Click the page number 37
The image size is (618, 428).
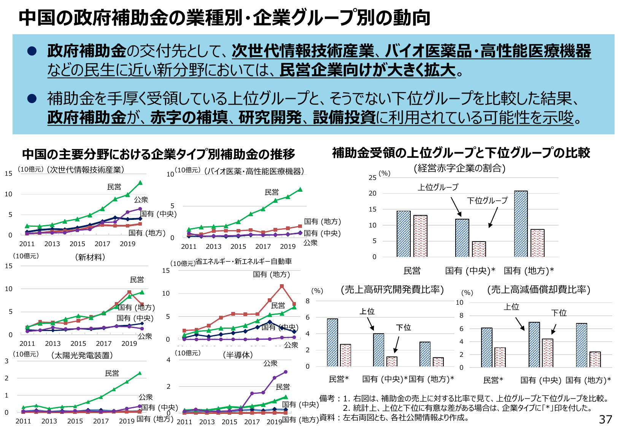605,419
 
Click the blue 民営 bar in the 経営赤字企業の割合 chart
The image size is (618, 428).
404,234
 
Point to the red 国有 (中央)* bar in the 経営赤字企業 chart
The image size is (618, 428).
479,249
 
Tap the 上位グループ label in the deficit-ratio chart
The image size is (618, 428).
438,187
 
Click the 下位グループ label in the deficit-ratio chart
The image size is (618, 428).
487,200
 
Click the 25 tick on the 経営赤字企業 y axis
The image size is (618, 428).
373,178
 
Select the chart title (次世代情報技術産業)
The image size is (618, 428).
86,170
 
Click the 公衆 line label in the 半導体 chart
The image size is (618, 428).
270,363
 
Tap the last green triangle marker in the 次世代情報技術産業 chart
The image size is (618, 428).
140,183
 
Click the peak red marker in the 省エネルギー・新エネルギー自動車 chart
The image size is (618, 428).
282,286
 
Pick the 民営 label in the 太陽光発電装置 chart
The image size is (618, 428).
112,373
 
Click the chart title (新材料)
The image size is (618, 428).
90,257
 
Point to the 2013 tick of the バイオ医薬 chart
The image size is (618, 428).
213,247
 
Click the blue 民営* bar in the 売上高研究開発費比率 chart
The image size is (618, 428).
332,342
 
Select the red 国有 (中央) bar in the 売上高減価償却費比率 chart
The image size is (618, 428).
547,353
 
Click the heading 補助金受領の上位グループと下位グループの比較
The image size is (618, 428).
461,153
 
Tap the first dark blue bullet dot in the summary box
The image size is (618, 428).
32,51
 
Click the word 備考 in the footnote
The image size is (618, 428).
327,398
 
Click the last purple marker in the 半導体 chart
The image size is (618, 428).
286,372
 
